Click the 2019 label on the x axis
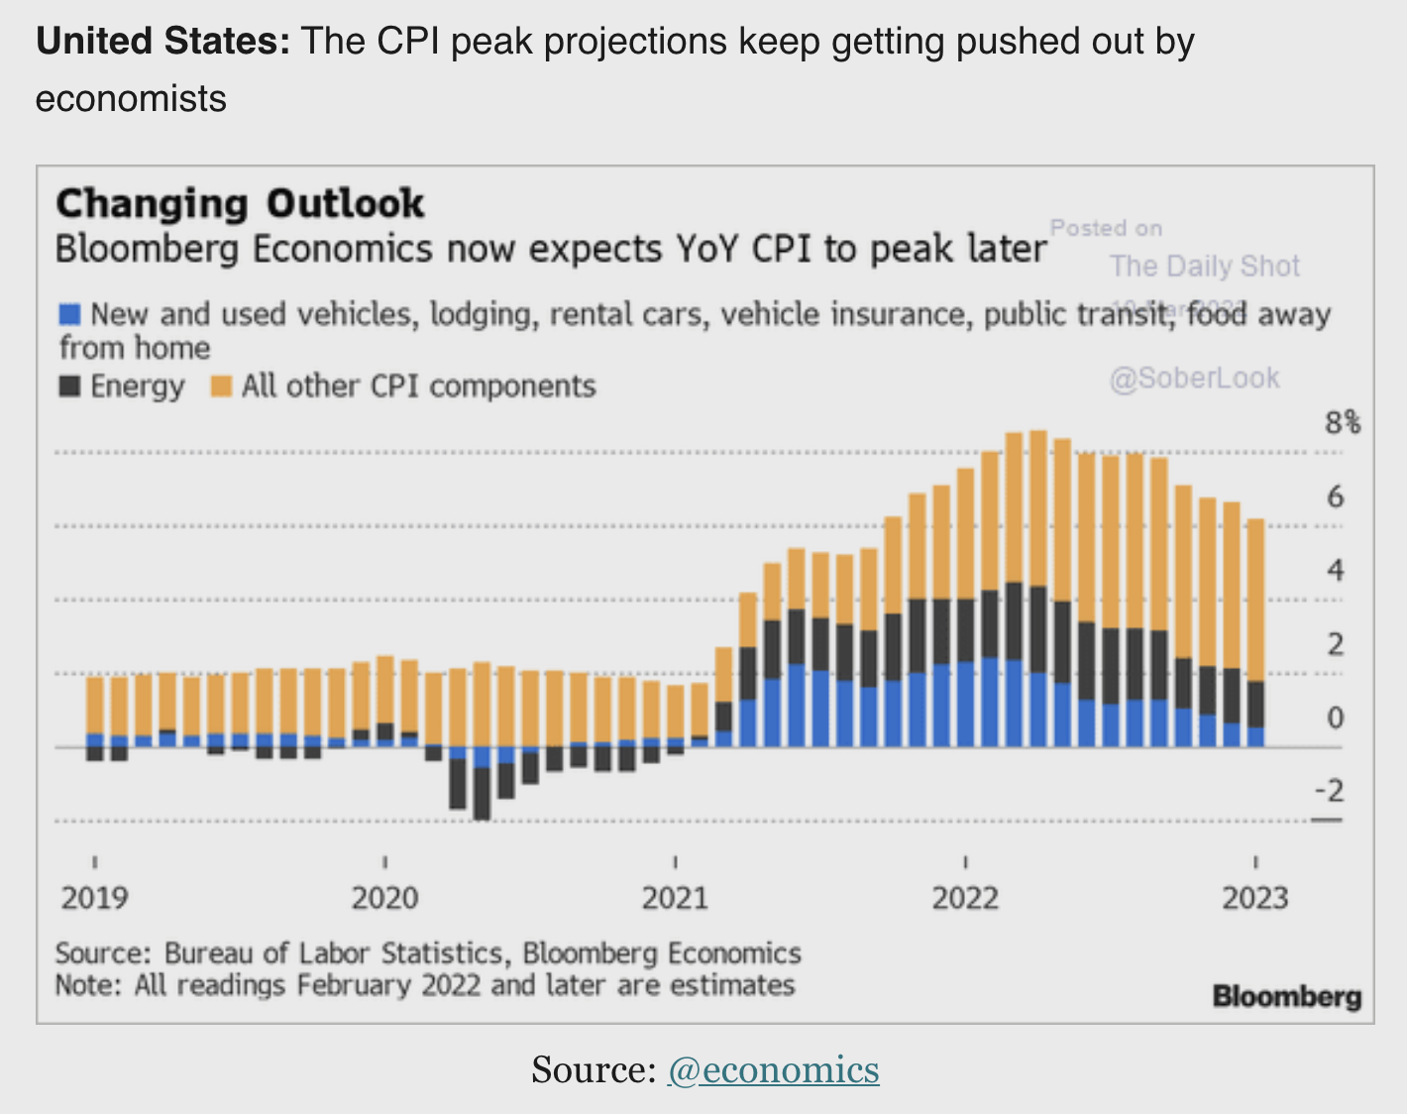pyautogui.click(x=95, y=898)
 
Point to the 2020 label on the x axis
pyautogui.click(x=385, y=898)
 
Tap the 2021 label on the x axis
pyautogui.click(x=675, y=898)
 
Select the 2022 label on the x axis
pyautogui.click(x=965, y=898)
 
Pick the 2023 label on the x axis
pyautogui.click(x=1255, y=898)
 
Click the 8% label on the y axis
pyautogui.click(x=1343, y=423)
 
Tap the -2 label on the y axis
pyautogui.click(x=1330, y=791)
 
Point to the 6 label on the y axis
pyautogui.click(x=1336, y=497)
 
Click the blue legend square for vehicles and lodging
pyautogui.click(x=69, y=315)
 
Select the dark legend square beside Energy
pyautogui.click(x=69, y=387)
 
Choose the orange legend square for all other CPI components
pyautogui.click(x=222, y=387)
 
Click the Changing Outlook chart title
pyautogui.click(x=240, y=204)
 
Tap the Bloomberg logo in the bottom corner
pyautogui.click(x=1286, y=996)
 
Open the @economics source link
pyautogui.click(x=774, y=1069)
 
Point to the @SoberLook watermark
pyautogui.click(x=1195, y=378)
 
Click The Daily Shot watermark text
pyautogui.click(x=1204, y=266)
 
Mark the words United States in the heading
pyautogui.click(x=162, y=42)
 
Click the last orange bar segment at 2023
pyautogui.click(x=1255, y=600)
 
